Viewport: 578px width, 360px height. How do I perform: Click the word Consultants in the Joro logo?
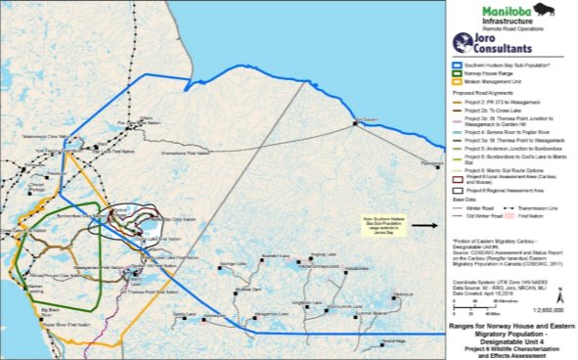506,47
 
